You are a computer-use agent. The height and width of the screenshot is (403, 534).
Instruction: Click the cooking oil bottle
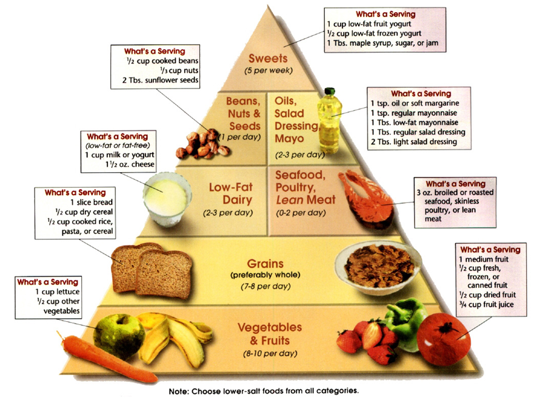pyautogui.click(x=329, y=122)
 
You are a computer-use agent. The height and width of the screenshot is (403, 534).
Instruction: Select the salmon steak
pyautogui.click(x=365, y=200)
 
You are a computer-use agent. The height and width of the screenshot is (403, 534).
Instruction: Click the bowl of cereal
pyautogui.click(x=378, y=268)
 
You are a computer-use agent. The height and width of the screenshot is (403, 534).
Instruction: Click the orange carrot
pyautogui.click(x=107, y=358)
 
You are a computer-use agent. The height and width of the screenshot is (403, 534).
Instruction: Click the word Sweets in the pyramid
pyautogui.click(x=268, y=58)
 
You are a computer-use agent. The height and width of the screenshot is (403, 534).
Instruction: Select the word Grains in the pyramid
pyautogui.click(x=265, y=264)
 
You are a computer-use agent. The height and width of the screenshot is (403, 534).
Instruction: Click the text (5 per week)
pyautogui.click(x=269, y=70)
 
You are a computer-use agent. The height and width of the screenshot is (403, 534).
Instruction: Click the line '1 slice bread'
pyautogui.click(x=92, y=202)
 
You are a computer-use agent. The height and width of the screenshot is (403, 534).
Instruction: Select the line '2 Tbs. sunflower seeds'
pyautogui.click(x=160, y=80)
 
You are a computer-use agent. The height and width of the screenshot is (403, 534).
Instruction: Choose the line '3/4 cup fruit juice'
pyautogui.click(x=486, y=304)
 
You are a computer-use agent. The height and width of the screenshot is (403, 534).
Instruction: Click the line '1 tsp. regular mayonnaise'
pyautogui.click(x=414, y=113)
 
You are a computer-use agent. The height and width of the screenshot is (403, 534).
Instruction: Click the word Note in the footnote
pyautogui.click(x=178, y=391)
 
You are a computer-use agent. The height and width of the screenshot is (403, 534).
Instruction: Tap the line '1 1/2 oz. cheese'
pyautogui.click(x=130, y=164)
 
